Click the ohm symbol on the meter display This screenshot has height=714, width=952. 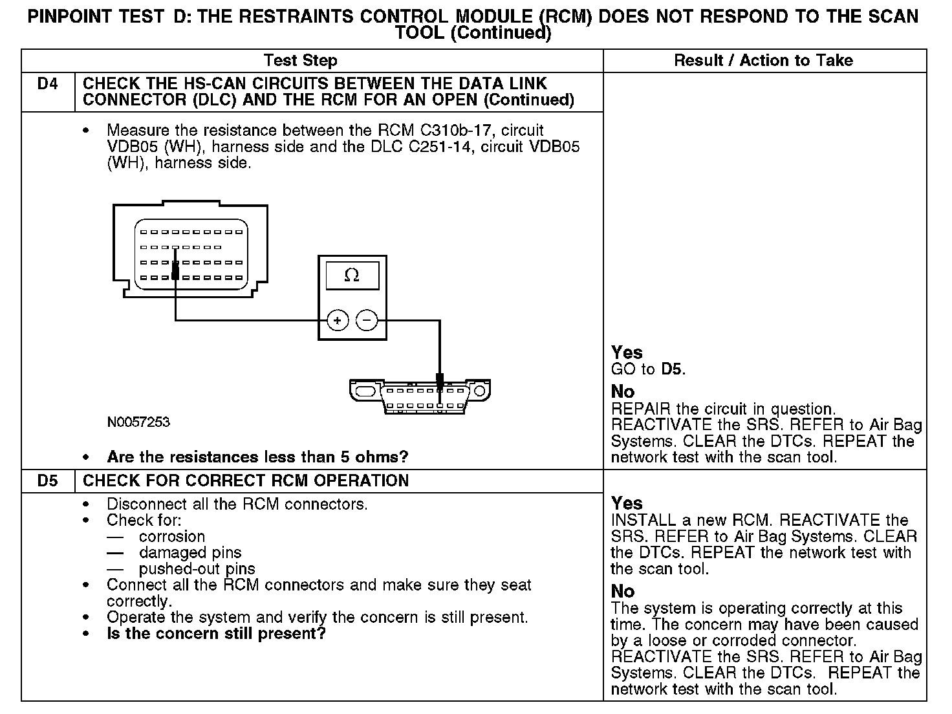[x=352, y=276]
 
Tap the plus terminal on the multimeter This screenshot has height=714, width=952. [x=338, y=320]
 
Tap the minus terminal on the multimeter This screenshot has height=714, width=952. [x=367, y=320]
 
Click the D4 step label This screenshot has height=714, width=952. [x=48, y=84]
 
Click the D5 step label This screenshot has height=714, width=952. [x=48, y=481]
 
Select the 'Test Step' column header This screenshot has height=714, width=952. [x=301, y=61]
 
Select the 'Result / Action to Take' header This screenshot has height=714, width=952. [x=763, y=61]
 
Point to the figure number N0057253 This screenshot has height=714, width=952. [x=138, y=422]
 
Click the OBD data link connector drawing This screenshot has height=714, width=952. [x=420, y=395]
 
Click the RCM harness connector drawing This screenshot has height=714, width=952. [x=190, y=250]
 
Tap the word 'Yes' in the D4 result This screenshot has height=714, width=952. [x=627, y=352]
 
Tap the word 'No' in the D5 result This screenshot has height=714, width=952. [x=623, y=591]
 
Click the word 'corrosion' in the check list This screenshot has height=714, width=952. [x=171, y=537]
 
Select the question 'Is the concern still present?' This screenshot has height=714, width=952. [x=216, y=634]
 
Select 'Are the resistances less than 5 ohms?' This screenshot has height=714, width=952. [x=257, y=457]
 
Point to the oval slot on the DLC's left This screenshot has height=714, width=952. [x=365, y=391]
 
